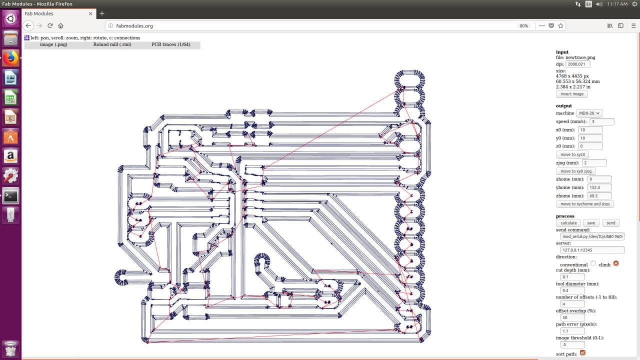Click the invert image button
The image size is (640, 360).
[x=571, y=94]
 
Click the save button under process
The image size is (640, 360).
[x=591, y=223]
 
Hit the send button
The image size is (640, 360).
[x=610, y=223]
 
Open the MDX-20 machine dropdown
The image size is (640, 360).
[x=589, y=113]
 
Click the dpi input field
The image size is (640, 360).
[x=577, y=64]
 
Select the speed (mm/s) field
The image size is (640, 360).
[x=601, y=121]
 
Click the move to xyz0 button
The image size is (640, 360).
[x=572, y=154]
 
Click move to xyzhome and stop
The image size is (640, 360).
[x=585, y=204]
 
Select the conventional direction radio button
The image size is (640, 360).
[x=593, y=263]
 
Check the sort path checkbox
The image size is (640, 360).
[x=582, y=353]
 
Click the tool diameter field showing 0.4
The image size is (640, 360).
[x=572, y=290]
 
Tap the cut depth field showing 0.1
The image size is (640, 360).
[x=572, y=277]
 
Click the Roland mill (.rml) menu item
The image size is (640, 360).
[x=112, y=44]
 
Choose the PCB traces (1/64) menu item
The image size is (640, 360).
[x=171, y=44]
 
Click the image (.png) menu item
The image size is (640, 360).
[x=53, y=44]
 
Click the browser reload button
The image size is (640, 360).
[x=50, y=25]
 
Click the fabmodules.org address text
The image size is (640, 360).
[x=134, y=26]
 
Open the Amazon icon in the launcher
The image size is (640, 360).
[x=10, y=156]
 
